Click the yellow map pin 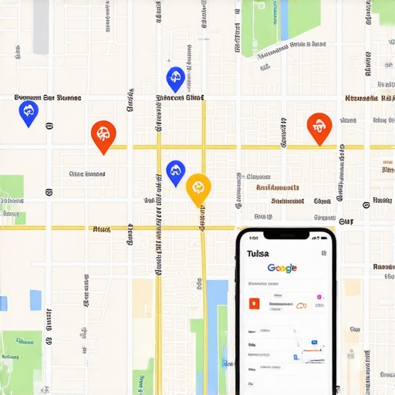click(198, 187)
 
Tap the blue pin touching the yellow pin click(176, 171)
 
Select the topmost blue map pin click(175, 77)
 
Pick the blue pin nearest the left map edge click(29, 113)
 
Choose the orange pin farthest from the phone click(103, 135)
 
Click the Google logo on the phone click(282, 268)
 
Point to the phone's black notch click(285, 234)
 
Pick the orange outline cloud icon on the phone click(302, 306)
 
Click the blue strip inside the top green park click(283, 20)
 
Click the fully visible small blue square click(35, 299)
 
